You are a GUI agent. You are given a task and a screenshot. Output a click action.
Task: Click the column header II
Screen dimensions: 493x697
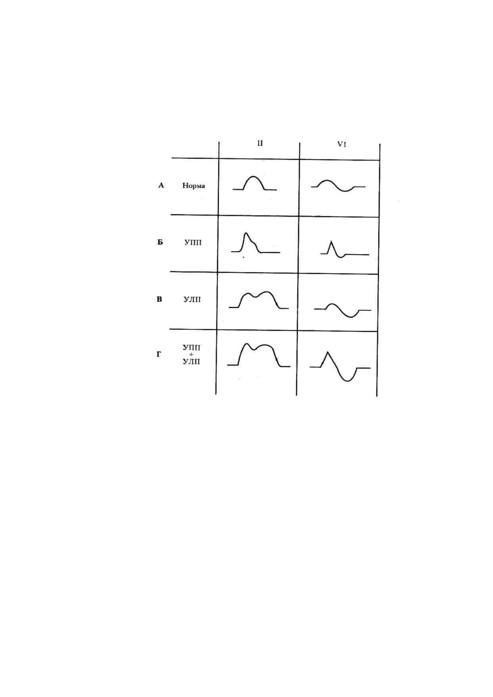click(x=260, y=143)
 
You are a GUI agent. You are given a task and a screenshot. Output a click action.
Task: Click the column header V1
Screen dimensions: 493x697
click(x=342, y=144)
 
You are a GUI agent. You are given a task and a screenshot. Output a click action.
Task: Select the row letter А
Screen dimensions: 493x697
click(x=161, y=185)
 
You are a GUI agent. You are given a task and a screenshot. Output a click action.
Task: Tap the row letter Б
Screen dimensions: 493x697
click(x=160, y=242)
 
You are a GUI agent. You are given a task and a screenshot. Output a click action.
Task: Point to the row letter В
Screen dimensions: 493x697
click(x=159, y=299)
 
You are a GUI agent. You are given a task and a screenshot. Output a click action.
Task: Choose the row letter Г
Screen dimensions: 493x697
click(x=159, y=355)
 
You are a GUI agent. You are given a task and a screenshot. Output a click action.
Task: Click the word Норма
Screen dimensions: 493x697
click(x=194, y=186)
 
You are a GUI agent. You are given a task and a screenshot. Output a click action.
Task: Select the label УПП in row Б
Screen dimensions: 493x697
click(x=193, y=242)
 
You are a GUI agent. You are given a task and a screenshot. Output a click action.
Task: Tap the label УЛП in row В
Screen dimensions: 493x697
click(x=192, y=300)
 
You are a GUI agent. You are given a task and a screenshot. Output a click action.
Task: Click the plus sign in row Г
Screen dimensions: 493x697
click(x=191, y=355)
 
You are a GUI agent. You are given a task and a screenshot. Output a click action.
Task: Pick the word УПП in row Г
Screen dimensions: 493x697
click(x=191, y=348)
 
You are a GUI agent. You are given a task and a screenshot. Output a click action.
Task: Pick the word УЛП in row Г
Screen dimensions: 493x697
click(x=191, y=361)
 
